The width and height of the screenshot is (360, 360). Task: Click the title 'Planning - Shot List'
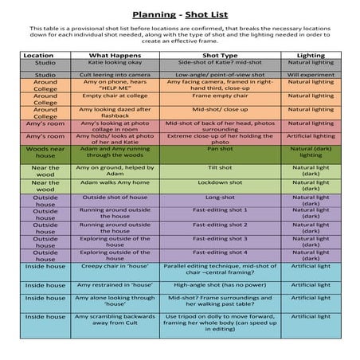tap(179, 14)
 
